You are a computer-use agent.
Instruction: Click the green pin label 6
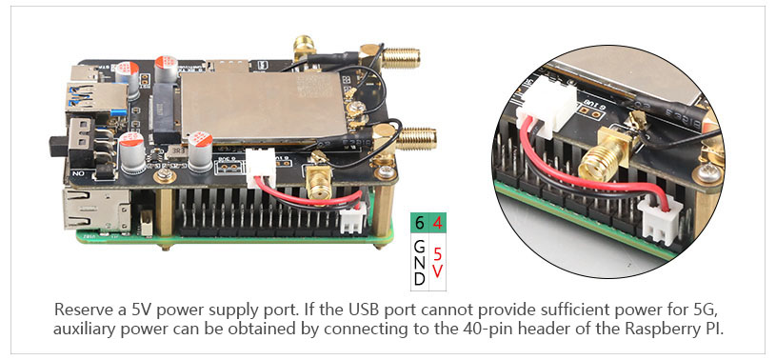click(x=419, y=223)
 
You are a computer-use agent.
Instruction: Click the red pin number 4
click(x=437, y=223)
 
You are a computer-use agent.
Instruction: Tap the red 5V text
click(x=437, y=263)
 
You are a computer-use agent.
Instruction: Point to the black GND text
click(x=419, y=263)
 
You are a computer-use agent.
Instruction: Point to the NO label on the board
click(x=79, y=174)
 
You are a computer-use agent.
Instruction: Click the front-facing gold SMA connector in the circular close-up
click(x=602, y=160)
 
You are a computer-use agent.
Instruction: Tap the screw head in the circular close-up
click(x=709, y=173)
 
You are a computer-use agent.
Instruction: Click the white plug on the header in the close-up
click(x=662, y=218)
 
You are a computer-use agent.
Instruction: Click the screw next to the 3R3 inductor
click(x=161, y=175)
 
